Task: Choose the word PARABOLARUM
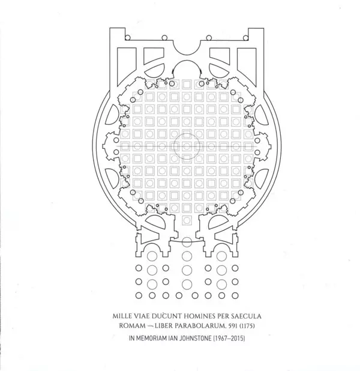[x=200, y=326]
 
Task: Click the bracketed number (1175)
[x=247, y=326]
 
